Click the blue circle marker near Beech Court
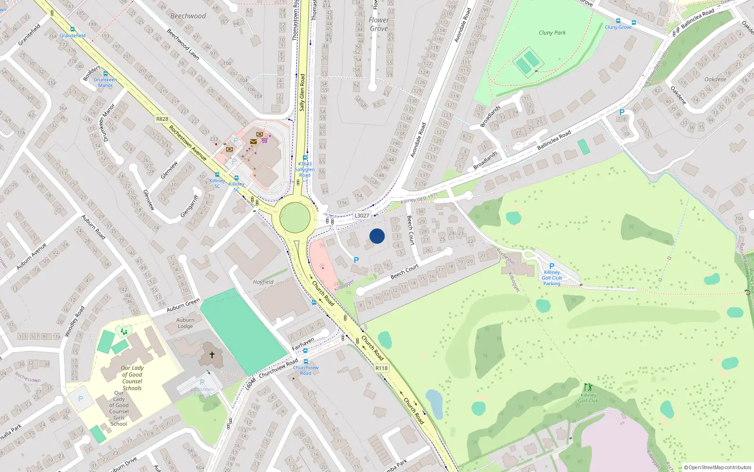point(377,236)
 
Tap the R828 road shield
point(162,119)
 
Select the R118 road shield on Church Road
point(382,368)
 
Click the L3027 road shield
point(361,215)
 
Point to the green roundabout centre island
point(295,218)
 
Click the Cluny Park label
point(552,33)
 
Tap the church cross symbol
point(212,354)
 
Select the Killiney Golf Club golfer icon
point(588,388)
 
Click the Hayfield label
point(263,282)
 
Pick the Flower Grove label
point(379,24)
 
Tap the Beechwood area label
point(188,16)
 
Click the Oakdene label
point(715,79)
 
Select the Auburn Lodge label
point(185,323)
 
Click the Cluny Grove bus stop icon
point(618,21)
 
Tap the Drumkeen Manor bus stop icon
point(106,74)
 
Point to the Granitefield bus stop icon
point(73,29)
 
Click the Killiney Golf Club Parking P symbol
point(552,266)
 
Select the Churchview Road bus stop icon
point(305,351)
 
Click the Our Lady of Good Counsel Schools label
point(132,378)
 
